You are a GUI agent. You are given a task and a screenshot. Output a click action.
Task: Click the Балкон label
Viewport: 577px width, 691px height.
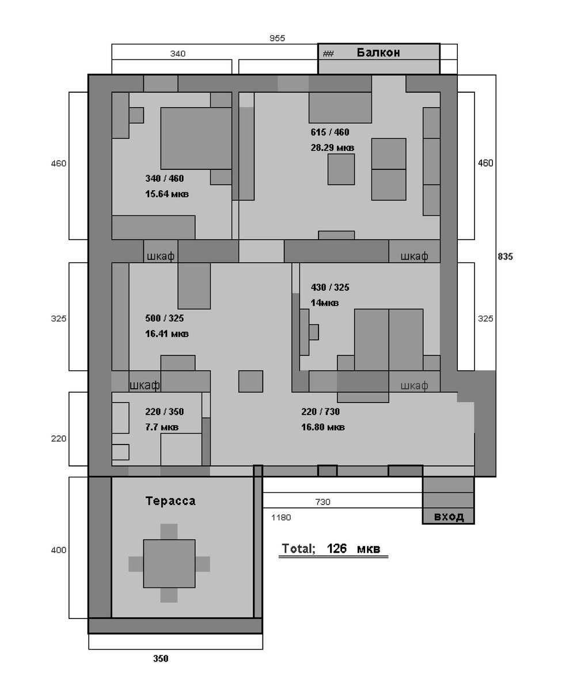378,52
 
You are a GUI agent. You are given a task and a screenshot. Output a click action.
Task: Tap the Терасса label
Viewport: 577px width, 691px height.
170,501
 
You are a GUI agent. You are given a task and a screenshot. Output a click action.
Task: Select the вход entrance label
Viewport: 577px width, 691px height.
449,517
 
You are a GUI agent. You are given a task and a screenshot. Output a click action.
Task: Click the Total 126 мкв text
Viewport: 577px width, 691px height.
331,548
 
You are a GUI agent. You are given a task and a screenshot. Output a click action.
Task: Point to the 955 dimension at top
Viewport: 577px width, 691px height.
277,38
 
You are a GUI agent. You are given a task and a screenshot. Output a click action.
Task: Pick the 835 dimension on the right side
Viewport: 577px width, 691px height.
505,256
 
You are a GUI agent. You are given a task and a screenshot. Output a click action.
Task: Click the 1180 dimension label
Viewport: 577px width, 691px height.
281,517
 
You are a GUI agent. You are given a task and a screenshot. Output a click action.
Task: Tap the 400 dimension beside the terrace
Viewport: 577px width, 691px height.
59,550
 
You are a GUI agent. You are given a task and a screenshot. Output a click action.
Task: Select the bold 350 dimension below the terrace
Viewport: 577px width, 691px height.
161,658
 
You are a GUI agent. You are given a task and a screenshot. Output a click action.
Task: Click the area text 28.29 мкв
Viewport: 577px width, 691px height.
332,147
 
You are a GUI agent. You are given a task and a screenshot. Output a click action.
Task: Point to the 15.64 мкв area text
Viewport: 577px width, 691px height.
167,193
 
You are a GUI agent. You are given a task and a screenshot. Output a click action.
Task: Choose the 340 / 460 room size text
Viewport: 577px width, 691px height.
165,179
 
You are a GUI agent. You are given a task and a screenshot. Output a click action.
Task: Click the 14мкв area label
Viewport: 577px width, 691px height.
324,302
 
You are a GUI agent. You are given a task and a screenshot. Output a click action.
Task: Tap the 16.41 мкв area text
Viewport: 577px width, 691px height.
167,333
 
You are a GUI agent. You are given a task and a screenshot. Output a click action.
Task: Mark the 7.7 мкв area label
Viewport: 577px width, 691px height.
162,427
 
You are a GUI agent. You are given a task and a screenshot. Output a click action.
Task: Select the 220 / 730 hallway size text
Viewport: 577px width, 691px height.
320,411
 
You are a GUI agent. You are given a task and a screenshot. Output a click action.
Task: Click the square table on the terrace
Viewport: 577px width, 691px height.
169,564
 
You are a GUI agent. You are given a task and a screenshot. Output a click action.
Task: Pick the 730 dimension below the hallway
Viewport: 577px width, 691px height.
322,502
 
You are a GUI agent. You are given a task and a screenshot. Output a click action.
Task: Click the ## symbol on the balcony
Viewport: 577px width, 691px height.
328,54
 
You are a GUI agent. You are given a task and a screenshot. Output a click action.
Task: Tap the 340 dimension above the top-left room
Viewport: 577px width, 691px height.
178,54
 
